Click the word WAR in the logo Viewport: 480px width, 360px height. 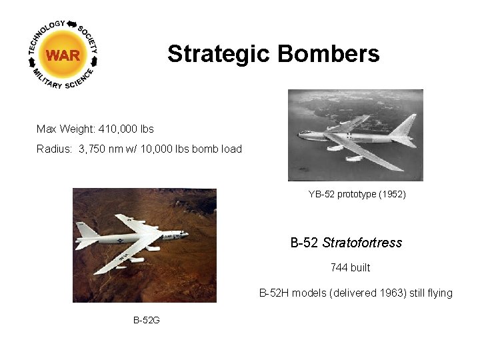pos(63,55)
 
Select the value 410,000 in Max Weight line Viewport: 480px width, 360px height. pos(121,128)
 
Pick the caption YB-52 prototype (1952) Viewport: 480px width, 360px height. pos(357,195)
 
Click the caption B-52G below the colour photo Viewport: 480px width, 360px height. pos(147,321)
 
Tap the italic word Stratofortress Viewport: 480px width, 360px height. pos(362,243)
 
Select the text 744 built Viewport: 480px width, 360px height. pos(350,268)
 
